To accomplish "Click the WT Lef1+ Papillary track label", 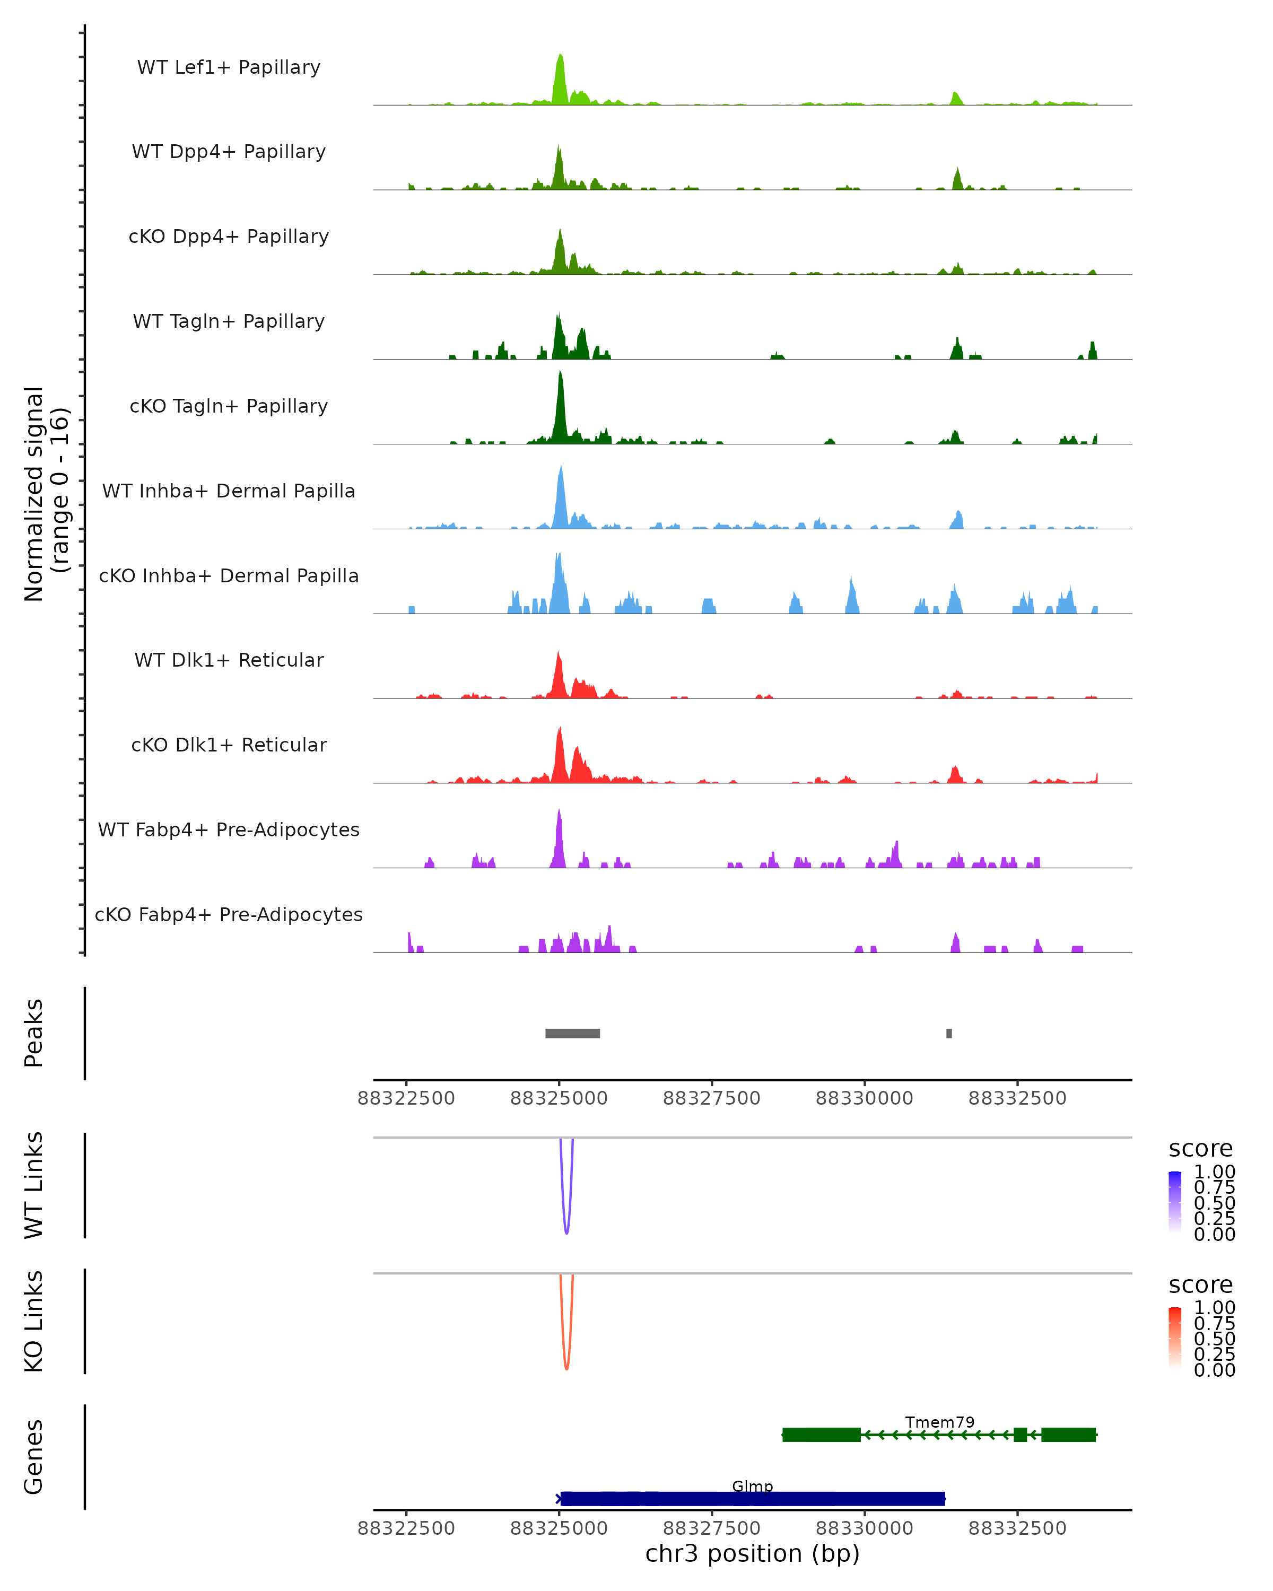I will tap(229, 67).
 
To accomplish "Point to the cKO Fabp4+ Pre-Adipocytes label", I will tap(229, 914).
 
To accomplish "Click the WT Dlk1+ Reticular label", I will tap(229, 660).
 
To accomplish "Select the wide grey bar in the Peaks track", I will tap(573, 1033).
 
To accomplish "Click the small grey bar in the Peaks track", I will tap(949, 1033).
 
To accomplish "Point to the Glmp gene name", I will tap(752, 1486).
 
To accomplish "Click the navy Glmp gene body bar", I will tap(752, 1499).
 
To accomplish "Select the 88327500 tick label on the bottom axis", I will tap(711, 1528).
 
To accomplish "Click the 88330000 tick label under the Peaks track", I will tap(864, 1098).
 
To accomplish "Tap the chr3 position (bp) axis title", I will tap(752, 1554).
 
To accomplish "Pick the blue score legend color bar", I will tap(1175, 1202).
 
